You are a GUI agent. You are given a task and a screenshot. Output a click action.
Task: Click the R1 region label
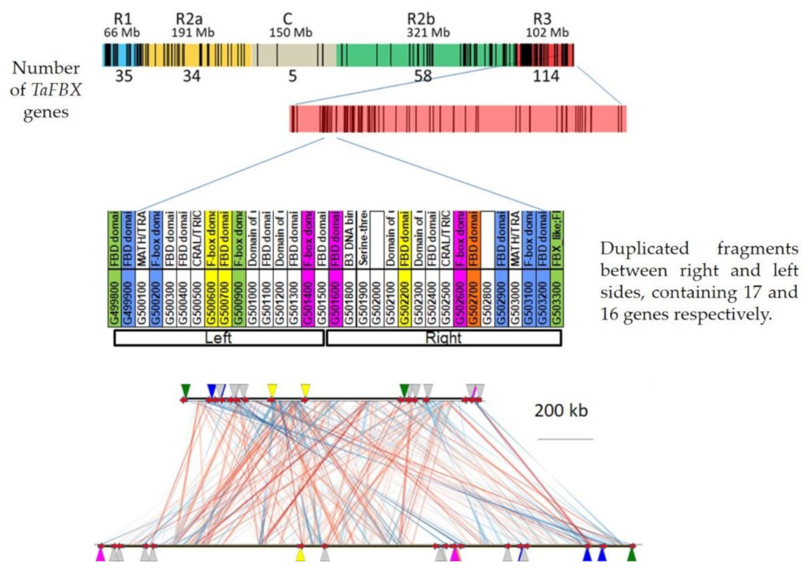click(x=123, y=19)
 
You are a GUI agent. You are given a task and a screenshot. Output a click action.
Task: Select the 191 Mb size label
click(x=193, y=33)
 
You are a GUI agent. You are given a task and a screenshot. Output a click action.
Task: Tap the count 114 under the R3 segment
click(x=546, y=76)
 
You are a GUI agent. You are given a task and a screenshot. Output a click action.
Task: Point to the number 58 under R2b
click(x=423, y=76)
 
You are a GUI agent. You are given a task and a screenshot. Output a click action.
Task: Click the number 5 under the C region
click(x=293, y=76)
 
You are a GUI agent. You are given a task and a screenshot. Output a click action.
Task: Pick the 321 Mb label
click(x=428, y=33)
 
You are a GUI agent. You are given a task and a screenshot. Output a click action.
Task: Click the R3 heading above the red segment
click(x=542, y=19)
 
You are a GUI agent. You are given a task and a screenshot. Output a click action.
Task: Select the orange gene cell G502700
click(x=473, y=298)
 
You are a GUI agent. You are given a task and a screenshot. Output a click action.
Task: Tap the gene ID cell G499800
click(x=115, y=298)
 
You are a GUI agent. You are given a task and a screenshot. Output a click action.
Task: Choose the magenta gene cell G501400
click(x=308, y=298)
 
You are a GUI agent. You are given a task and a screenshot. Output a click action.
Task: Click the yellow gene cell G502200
click(x=405, y=298)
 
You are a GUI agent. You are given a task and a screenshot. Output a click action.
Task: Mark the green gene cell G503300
click(x=556, y=298)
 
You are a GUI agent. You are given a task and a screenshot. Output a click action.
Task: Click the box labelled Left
click(x=219, y=338)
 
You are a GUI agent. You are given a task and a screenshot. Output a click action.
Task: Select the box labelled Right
click(x=443, y=338)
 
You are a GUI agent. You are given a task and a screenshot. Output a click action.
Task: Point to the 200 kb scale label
click(x=561, y=411)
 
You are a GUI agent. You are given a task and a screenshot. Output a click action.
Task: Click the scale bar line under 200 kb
click(x=565, y=439)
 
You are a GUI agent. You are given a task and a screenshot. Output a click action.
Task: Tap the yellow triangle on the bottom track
click(x=300, y=554)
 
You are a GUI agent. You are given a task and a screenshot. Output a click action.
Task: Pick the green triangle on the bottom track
click(x=632, y=554)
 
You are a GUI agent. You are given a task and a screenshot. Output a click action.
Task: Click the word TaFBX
click(x=56, y=90)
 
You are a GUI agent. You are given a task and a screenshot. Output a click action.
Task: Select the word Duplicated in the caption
click(x=644, y=249)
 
